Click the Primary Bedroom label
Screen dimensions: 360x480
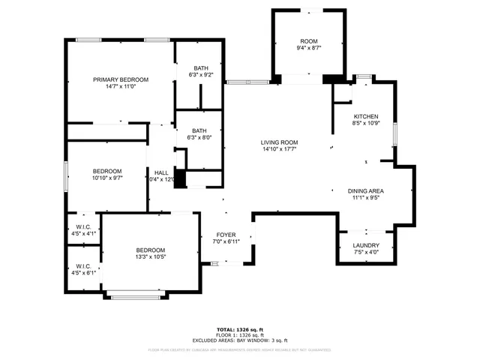121,79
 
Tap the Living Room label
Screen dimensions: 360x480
280,142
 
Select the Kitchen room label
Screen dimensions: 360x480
366,116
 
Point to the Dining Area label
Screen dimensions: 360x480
366,191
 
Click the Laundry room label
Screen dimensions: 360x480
366,245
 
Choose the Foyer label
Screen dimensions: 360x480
226,235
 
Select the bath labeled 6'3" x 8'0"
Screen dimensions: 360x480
199,130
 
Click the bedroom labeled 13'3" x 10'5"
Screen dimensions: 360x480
151,250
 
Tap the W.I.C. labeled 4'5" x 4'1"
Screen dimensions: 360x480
83,226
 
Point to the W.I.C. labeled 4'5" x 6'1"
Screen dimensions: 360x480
83,266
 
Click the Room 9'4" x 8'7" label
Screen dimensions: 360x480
309,41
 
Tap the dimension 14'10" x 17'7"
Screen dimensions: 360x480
280,148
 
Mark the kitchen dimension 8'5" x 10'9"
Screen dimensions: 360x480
366,123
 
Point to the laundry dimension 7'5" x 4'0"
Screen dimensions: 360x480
366,252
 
